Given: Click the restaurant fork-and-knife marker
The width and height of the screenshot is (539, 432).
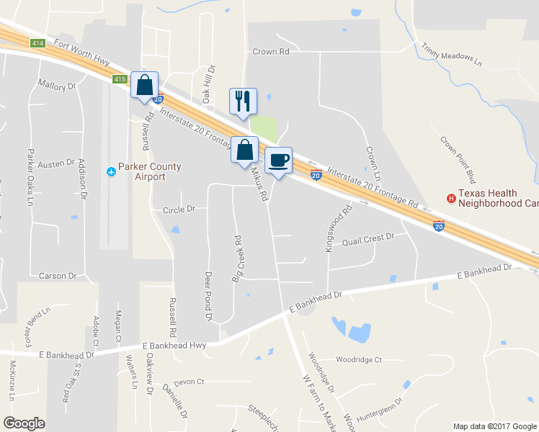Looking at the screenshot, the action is point(243,101).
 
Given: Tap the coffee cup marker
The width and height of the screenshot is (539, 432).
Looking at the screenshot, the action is point(278,160).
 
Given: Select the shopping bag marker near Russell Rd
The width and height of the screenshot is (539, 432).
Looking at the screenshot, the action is point(144,85).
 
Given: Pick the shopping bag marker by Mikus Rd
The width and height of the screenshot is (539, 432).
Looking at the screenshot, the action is point(244,150).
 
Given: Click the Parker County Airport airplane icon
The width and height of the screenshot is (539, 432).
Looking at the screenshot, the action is point(111,171).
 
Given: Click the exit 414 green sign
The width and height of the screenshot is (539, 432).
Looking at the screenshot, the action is point(39,43).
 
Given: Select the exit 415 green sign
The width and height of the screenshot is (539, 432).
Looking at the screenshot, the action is point(120,78).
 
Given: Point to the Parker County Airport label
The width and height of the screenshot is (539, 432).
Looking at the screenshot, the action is point(150,171).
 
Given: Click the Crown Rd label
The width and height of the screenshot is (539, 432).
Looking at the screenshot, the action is point(270,52).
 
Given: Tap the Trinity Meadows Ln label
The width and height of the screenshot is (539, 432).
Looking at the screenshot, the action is point(452,53).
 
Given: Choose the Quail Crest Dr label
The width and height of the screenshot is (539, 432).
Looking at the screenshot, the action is point(369,237).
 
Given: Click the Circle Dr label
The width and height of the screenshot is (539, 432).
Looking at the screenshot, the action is point(179,209).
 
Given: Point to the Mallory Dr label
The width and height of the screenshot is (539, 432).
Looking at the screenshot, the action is point(57,86).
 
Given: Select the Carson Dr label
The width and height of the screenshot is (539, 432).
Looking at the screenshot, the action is point(58,276).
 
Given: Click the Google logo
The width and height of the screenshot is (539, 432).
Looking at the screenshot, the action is point(24,423).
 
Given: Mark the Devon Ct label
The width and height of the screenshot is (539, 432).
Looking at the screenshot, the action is point(190,382).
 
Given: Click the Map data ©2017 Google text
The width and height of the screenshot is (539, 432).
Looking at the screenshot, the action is point(494,426).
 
